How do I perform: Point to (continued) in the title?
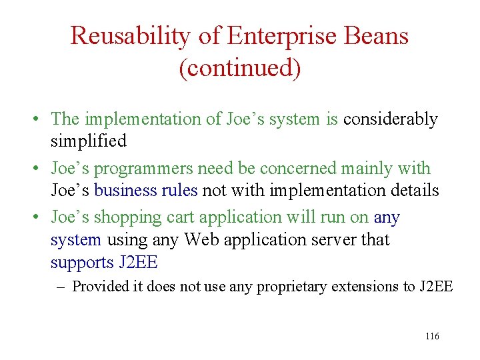pos(239,68)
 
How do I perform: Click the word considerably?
pos(390,119)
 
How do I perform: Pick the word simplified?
pos(88,141)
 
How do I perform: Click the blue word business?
pos(126,191)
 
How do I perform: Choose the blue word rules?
pos(179,191)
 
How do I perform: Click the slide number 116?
pos(431,337)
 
